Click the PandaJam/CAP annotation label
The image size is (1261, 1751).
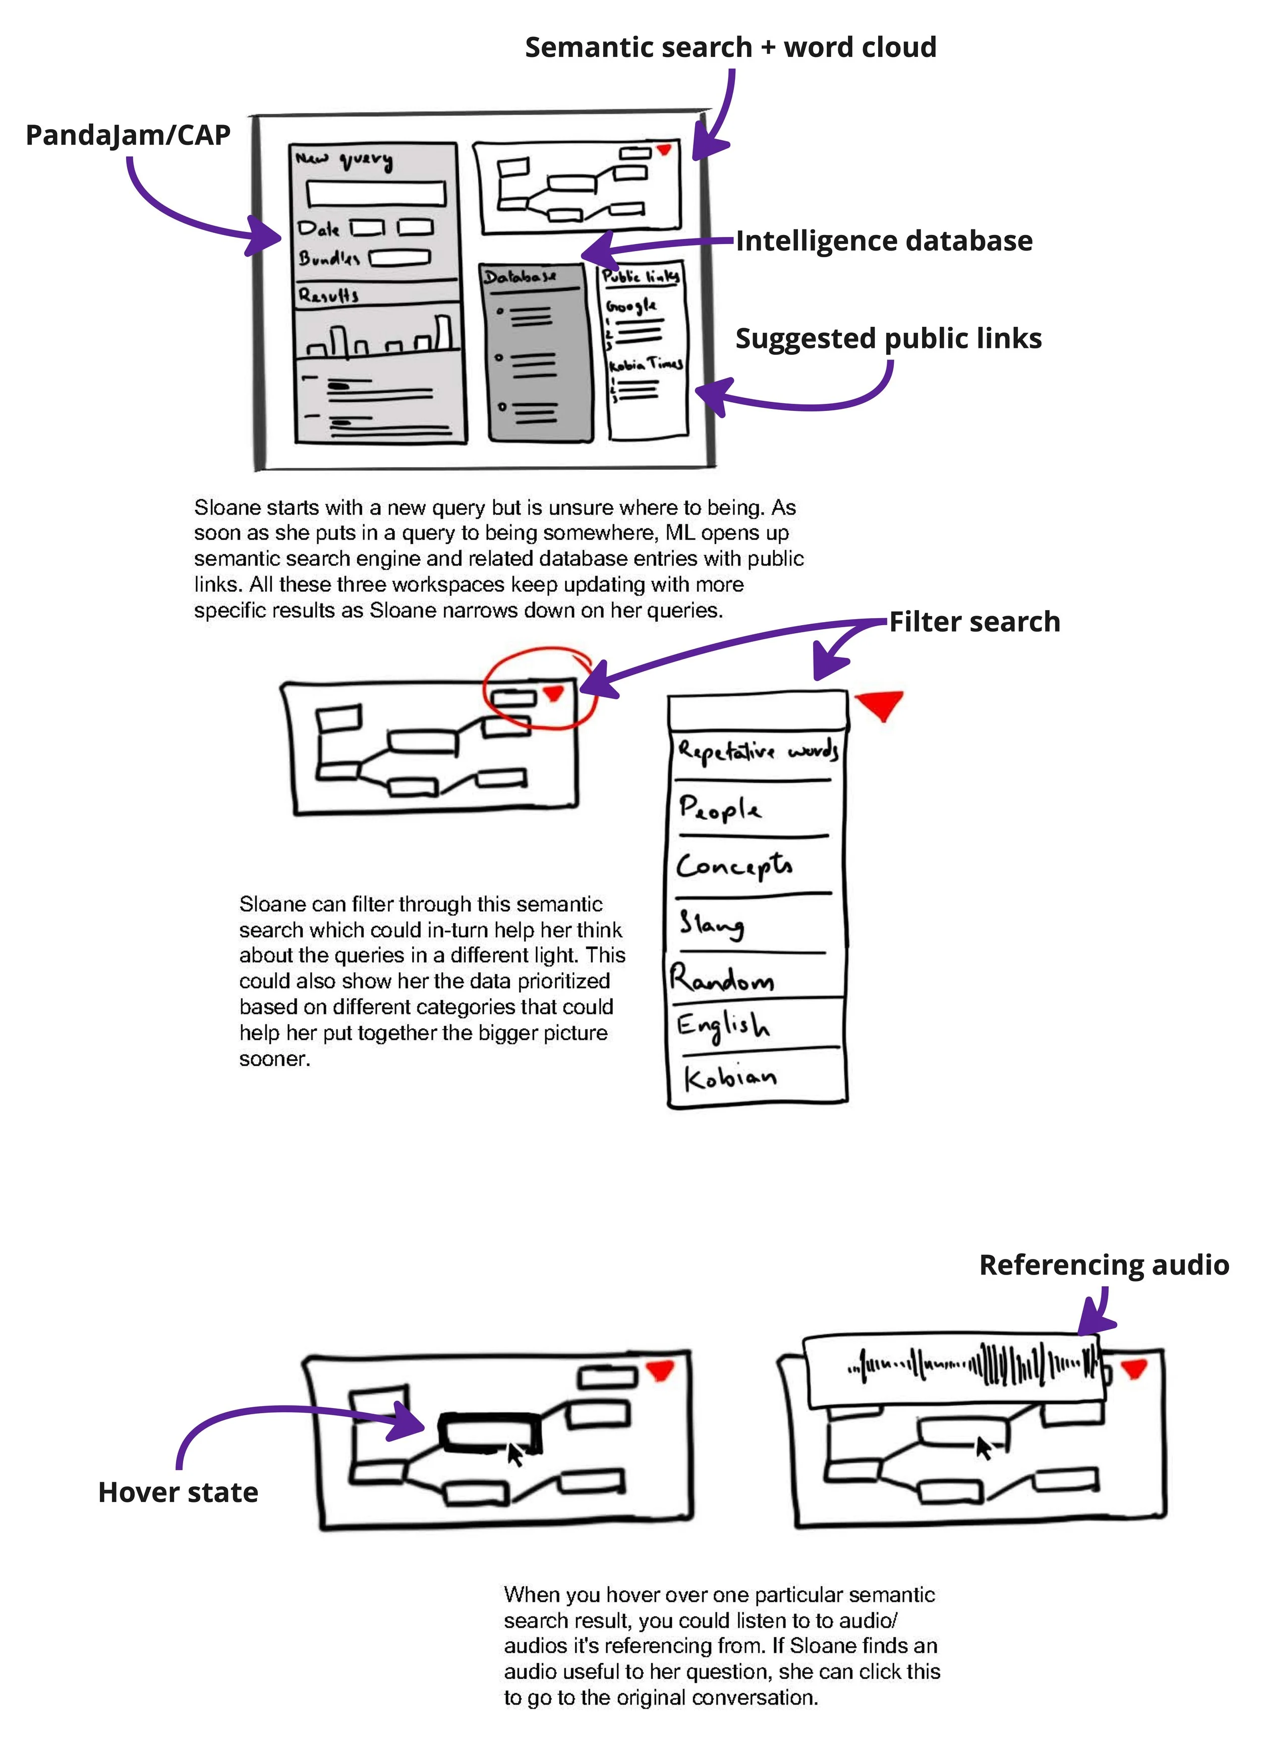coord(128,135)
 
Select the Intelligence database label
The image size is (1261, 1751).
coord(883,241)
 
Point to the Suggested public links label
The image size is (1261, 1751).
coord(888,339)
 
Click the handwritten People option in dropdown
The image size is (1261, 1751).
coord(720,808)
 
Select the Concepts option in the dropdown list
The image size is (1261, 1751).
coord(733,866)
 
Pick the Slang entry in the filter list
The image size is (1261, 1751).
coord(711,923)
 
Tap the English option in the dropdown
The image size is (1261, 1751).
coord(723,1025)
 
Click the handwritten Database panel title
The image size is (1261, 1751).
coord(520,276)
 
